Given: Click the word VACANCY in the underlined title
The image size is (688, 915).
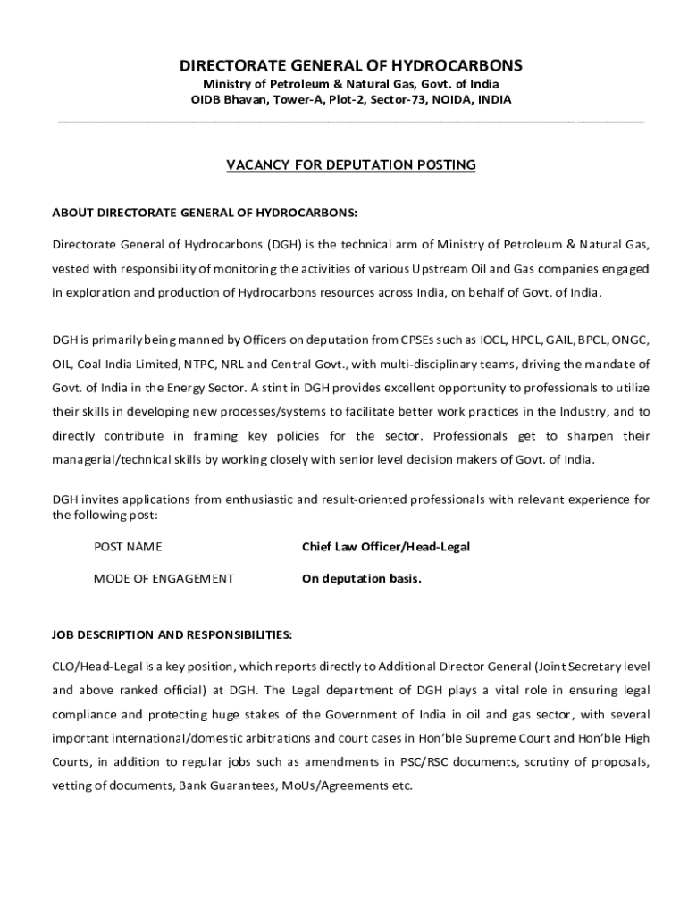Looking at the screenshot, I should click(256, 164).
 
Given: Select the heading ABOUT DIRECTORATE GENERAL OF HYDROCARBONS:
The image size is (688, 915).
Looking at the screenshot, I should click(205, 214).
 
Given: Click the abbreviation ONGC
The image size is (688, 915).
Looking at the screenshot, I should click(630, 340).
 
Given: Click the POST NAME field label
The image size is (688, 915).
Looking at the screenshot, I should click(128, 546).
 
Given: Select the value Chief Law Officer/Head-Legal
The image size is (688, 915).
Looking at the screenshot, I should click(386, 546).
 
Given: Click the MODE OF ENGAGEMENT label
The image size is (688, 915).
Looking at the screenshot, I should click(164, 578).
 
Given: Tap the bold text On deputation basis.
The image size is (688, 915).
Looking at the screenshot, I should click(361, 578).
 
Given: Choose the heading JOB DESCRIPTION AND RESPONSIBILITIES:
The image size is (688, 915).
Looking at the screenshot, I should click(172, 634).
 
